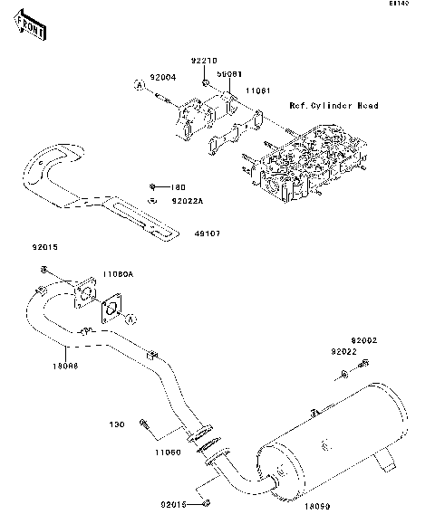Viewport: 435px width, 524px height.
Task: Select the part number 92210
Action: pyautogui.click(x=204, y=62)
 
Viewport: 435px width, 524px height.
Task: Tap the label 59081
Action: pyautogui.click(x=228, y=74)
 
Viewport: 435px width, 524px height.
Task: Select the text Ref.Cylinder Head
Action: pyautogui.click(x=333, y=106)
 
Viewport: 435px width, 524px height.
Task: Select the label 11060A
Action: pyautogui.click(x=117, y=273)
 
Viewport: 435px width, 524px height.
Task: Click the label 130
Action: pyautogui.click(x=116, y=424)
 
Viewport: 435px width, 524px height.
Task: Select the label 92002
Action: pyautogui.click(x=363, y=340)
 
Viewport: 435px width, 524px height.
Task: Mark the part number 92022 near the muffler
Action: pyautogui.click(x=343, y=351)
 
